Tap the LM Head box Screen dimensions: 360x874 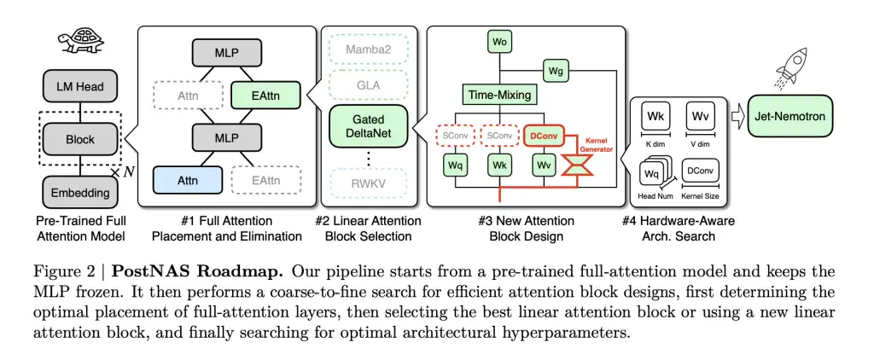point(81,87)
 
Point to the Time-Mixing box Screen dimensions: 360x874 point(499,95)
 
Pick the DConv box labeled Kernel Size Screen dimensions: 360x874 point(701,172)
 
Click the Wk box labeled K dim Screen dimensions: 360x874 point(655,117)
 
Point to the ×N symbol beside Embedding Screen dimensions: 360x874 point(125,174)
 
